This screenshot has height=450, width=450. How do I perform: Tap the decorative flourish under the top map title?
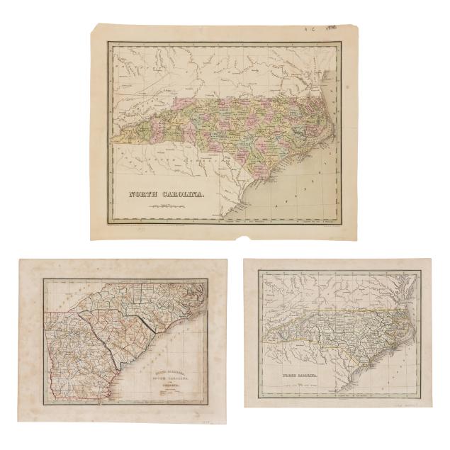(x=164, y=205)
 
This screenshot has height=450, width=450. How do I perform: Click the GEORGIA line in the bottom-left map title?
(x=167, y=380)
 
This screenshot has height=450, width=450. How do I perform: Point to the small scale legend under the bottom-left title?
(x=167, y=386)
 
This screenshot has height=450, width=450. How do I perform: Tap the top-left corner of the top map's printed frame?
(x=106, y=40)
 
